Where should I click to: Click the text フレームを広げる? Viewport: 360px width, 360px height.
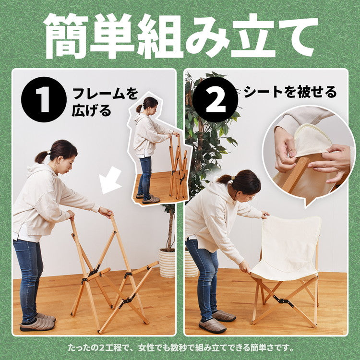pyautogui.click(x=104, y=102)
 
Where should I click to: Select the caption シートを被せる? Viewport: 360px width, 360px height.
pyautogui.click(x=290, y=92)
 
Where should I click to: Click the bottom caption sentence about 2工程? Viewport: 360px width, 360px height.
pyautogui.click(x=180, y=347)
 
